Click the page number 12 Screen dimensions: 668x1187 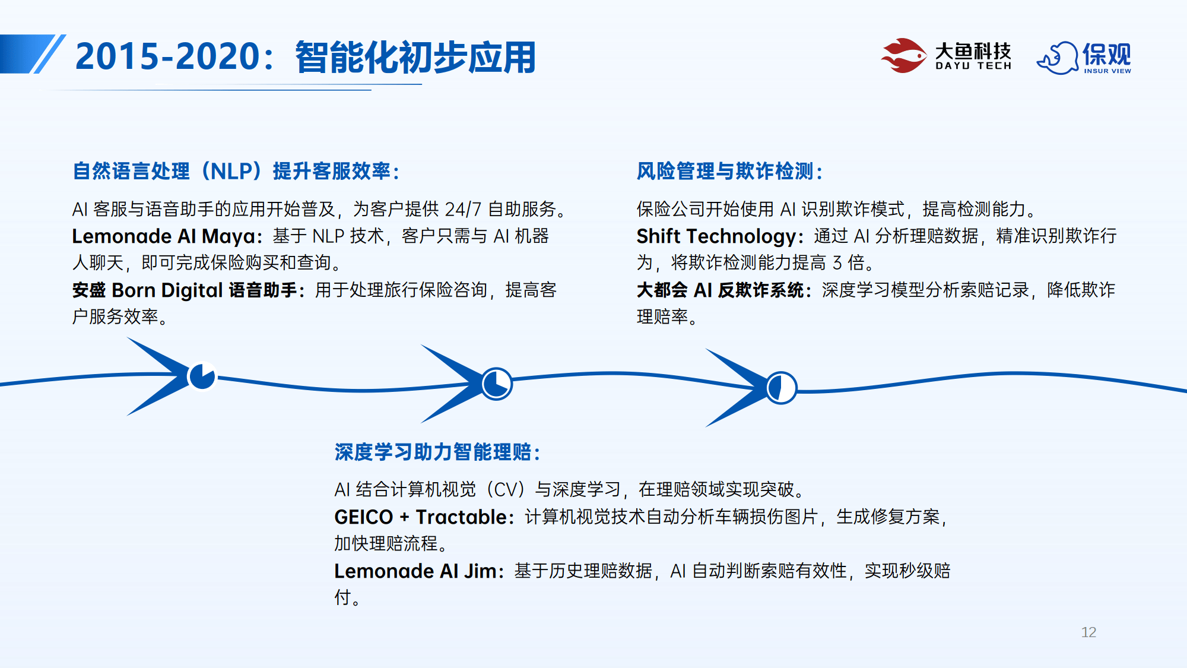coord(1088,632)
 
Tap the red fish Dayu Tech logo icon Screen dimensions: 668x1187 coord(903,56)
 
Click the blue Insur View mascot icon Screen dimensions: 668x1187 coord(1057,58)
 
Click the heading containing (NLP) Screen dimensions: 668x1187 coord(236,171)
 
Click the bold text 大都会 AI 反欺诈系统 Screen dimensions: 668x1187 coord(721,290)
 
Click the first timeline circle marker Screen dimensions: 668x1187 coord(202,376)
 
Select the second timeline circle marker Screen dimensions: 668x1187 coord(496,384)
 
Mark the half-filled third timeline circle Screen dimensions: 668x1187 coord(781,388)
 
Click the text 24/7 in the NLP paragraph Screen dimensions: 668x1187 coord(463,209)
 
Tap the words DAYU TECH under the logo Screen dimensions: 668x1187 coord(973,66)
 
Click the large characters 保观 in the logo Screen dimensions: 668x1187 coord(1107,54)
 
